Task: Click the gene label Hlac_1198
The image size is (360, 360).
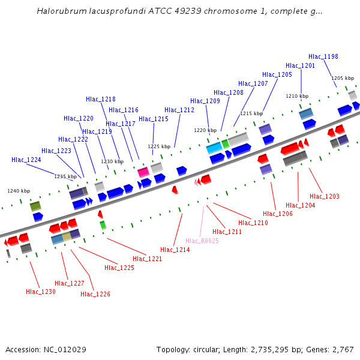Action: (323, 56)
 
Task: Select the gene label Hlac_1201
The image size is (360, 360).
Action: (300, 65)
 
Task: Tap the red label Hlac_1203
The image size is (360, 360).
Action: (324, 196)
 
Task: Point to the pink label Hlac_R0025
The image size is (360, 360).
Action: (200, 241)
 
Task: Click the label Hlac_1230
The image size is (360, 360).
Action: (40, 292)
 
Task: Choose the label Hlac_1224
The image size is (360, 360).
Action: (26, 160)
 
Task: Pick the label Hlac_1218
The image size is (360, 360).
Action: (100, 99)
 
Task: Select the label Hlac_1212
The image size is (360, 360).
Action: (179, 110)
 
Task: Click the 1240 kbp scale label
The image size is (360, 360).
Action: (18, 191)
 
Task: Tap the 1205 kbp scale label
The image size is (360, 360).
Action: (342, 78)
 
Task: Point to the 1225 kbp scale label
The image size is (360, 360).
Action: (159, 146)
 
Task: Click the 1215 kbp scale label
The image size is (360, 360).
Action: (251, 113)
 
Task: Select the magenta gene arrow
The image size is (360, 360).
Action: (143, 172)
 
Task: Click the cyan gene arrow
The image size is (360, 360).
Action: (214, 148)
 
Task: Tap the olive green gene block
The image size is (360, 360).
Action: (35, 206)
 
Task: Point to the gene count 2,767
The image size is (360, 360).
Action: (342, 349)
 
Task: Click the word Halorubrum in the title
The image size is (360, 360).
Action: (60, 11)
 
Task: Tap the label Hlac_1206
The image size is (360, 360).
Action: (278, 214)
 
